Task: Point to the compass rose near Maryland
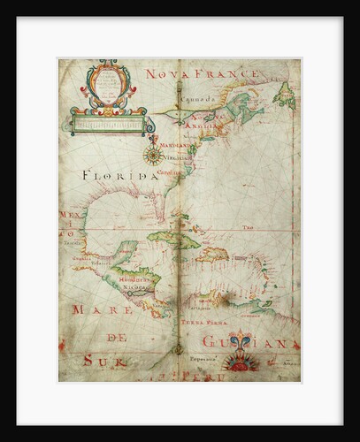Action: (151, 156)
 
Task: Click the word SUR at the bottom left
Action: (100, 360)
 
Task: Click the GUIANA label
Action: (256, 342)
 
